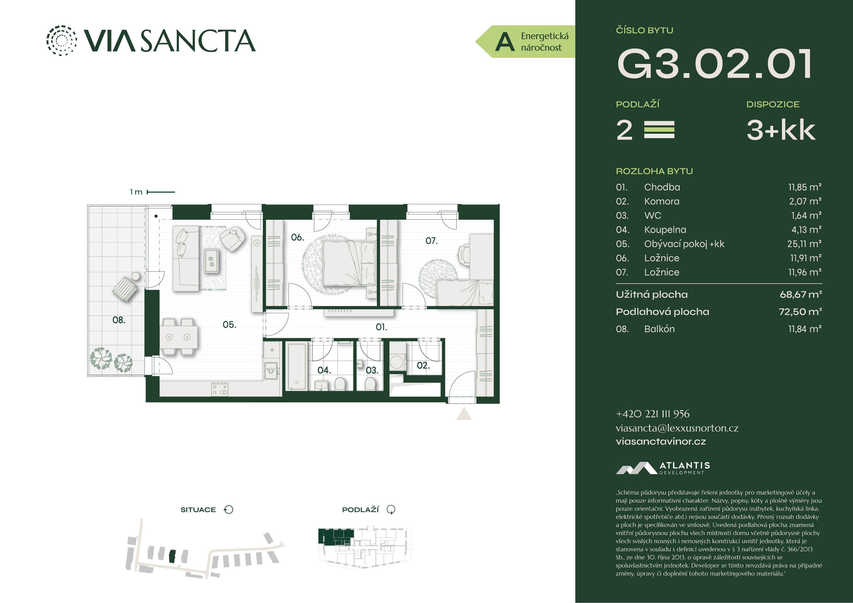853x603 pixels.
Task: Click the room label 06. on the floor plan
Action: point(297,237)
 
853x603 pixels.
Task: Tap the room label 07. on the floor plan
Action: point(431,241)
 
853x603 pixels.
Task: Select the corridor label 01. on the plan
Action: point(381,327)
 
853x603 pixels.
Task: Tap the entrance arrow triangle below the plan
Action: point(464,414)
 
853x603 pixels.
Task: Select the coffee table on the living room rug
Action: point(211,260)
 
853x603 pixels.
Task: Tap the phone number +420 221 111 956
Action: point(652,414)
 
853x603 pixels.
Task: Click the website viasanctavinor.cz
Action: point(661,441)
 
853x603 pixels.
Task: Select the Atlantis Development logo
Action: point(663,468)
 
